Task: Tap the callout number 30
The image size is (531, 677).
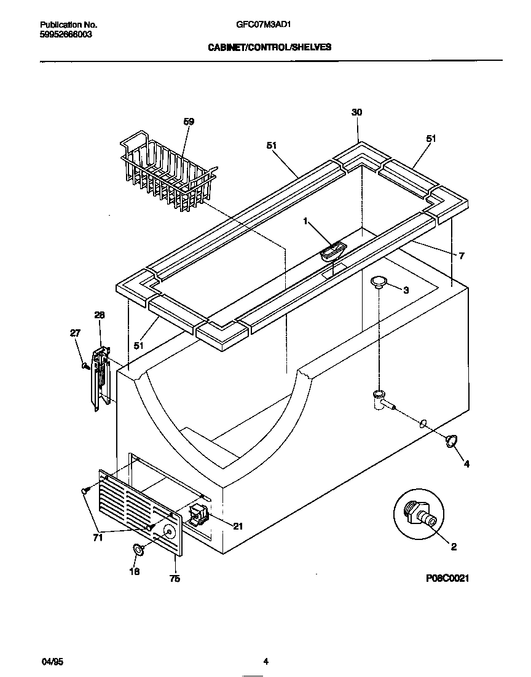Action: click(x=356, y=112)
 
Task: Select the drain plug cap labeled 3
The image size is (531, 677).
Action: click(x=379, y=281)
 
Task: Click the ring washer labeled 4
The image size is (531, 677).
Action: click(x=452, y=440)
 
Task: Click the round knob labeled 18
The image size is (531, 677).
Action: click(x=139, y=550)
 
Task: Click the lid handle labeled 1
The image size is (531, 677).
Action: click(x=332, y=249)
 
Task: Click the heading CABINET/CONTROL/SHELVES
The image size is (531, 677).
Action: click(x=269, y=47)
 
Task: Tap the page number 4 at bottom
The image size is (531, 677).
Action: click(x=265, y=662)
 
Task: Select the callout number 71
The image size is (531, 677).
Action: click(x=98, y=538)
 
